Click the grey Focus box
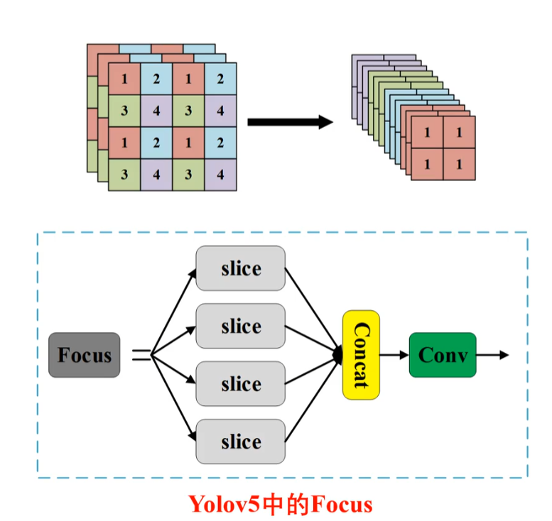point(84,355)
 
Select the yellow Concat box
point(361,355)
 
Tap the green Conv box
point(443,355)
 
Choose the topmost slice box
point(240,268)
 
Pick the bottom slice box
point(240,442)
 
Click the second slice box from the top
point(240,326)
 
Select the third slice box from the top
point(240,384)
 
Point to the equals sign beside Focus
point(141,355)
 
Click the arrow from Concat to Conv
point(394,355)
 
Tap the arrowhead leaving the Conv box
point(504,355)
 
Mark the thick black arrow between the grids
point(291,122)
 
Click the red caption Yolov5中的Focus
point(281,505)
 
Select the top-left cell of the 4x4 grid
point(124,79)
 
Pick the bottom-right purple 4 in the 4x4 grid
point(220,175)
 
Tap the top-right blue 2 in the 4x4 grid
point(220,79)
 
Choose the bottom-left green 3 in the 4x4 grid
point(124,175)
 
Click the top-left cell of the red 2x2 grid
point(427,132)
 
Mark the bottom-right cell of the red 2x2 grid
point(459,164)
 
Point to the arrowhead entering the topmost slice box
point(192,274)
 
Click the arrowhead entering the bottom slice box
point(192,436)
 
